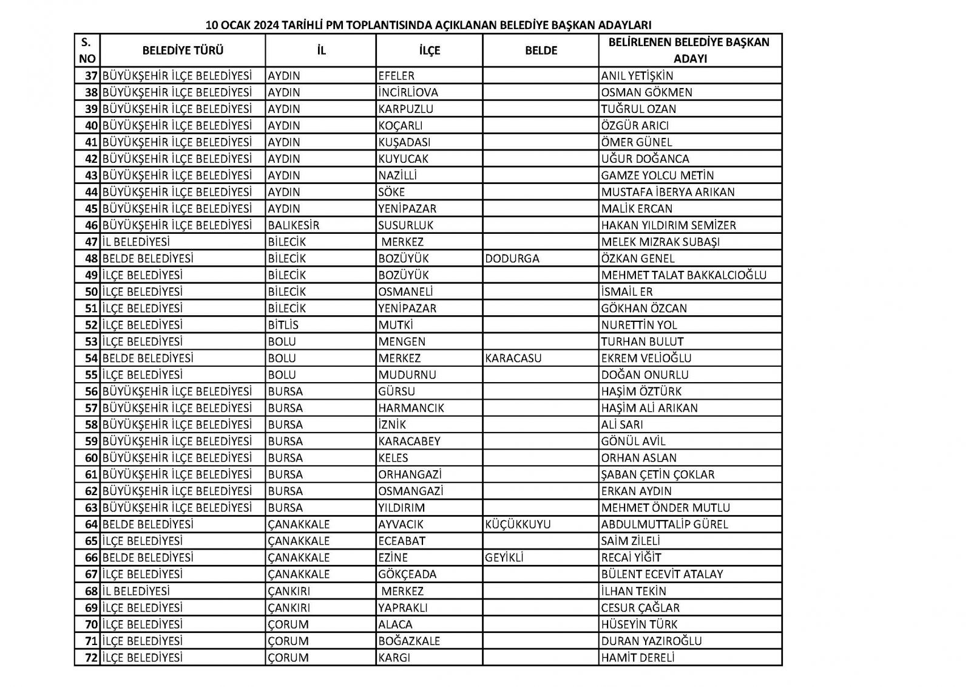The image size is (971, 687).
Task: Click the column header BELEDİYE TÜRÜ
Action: coord(183,50)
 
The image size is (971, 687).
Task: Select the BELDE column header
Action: coord(541,50)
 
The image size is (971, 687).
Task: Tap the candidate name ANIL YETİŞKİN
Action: coord(637,76)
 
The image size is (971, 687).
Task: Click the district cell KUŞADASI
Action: coord(404,142)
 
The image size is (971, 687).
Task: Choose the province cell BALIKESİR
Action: coord(294,225)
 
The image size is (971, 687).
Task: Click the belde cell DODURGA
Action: coord(512,258)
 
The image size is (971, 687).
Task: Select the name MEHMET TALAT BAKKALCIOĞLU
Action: coord(684,275)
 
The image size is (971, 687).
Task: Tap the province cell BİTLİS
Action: coord(283,325)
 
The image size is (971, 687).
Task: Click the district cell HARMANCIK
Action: coord(411,408)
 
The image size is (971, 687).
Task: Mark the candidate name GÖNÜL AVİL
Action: coord(633,442)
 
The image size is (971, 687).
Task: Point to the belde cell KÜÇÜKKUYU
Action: coord(518,524)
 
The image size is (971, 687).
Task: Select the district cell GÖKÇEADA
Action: coord(407,574)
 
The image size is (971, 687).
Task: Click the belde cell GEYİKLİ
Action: coord(504,558)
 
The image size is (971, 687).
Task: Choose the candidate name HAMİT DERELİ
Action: coord(637,657)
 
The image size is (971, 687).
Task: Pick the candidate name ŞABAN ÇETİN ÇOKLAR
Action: coord(657,474)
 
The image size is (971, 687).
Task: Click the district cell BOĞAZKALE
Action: coord(409,641)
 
